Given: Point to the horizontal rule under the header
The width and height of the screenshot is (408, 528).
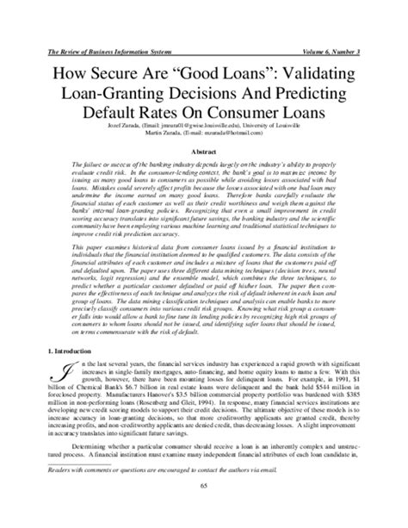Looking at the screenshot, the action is coord(204,36).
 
